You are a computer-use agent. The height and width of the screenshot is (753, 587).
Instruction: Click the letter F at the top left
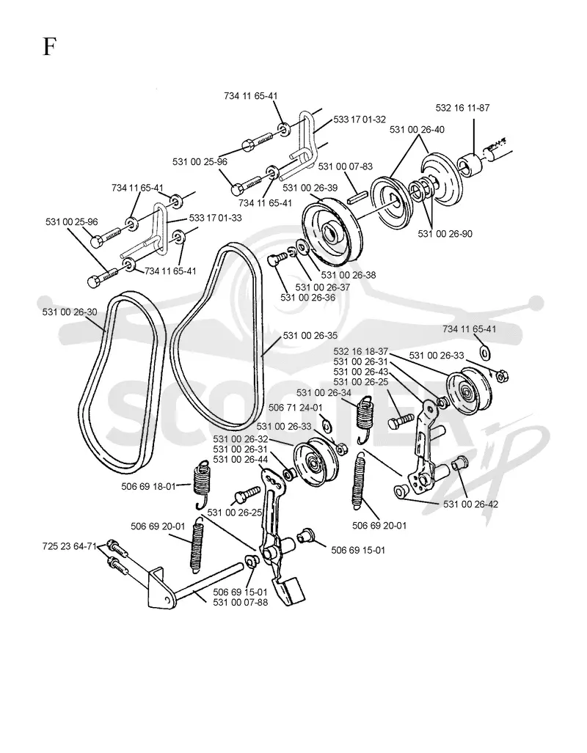click(x=49, y=47)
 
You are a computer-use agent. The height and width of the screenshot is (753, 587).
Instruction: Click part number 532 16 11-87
click(x=462, y=108)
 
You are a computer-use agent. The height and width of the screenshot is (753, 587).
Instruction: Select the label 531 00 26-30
click(x=70, y=312)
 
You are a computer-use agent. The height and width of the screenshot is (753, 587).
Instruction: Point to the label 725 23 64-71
click(x=70, y=546)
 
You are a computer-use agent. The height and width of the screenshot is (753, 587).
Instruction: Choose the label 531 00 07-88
click(x=241, y=602)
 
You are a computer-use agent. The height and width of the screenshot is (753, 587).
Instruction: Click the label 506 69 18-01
click(x=148, y=486)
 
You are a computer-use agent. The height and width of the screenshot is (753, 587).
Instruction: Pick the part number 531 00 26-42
click(x=470, y=504)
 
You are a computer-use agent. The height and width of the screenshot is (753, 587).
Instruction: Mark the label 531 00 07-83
click(x=345, y=166)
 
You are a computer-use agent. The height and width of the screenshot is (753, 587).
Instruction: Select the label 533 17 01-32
click(x=360, y=120)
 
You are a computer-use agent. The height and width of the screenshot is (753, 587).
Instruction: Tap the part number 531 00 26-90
click(x=445, y=234)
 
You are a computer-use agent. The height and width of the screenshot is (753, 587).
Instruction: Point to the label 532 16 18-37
click(x=360, y=351)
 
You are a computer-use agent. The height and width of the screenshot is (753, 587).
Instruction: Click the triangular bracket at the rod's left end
click(x=160, y=589)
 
